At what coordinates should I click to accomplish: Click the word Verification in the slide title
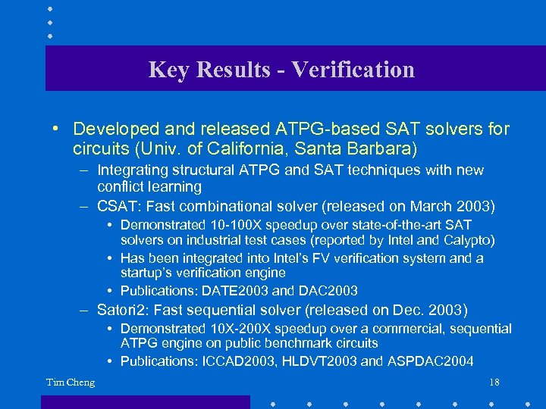click(353, 70)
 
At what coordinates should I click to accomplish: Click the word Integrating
click(134, 170)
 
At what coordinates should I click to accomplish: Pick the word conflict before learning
click(122, 186)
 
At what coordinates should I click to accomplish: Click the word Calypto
click(469, 241)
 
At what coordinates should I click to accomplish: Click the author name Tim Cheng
click(71, 382)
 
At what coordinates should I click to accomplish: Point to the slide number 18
click(494, 382)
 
